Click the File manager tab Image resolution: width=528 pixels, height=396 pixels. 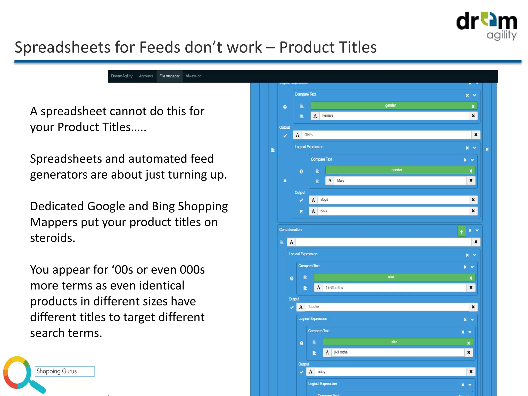coord(169,76)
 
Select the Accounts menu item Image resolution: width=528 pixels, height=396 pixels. coord(146,76)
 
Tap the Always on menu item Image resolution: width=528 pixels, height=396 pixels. coord(193,76)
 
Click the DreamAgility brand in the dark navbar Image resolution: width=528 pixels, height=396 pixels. coord(122,76)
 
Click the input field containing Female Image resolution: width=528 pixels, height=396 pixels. coord(393,116)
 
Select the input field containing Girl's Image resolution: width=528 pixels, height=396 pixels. coord(386,135)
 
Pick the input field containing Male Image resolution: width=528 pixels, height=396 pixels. coord(400,180)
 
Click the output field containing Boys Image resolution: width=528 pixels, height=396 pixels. coord(393,200)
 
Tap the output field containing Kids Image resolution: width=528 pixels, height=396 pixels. coord(393,211)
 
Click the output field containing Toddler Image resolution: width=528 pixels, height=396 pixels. coord(387,307)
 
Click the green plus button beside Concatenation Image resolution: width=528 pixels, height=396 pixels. coord(461,231)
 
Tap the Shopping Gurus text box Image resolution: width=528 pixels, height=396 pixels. coord(65,372)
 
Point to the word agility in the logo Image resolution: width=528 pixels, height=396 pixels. coord(501,35)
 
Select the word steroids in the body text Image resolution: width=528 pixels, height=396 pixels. coord(52,238)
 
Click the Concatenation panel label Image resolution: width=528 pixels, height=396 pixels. coord(290,230)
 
